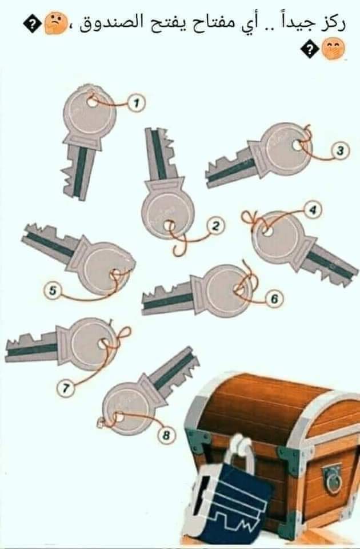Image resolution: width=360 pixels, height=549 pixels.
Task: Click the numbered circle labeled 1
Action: (136, 103)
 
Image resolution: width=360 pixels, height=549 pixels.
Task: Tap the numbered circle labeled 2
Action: (216, 226)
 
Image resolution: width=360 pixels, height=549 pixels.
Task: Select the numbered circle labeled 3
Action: (340, 151)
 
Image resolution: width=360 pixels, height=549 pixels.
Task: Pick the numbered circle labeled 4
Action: (313, 209)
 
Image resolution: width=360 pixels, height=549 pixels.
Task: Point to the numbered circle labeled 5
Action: (53, 291)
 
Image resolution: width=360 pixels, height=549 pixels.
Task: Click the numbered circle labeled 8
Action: (166, 435)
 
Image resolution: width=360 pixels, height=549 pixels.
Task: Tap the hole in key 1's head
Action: (93, 102)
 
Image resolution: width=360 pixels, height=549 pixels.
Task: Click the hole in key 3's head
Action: (297, 145)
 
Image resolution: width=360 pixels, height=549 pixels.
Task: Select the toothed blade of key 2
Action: (160, 154)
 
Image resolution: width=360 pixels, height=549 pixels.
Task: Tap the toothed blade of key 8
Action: (174, 369)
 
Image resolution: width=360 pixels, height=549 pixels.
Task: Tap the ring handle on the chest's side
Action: (332, 479)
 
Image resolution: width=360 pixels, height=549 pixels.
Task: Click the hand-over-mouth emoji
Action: (333, 49)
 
